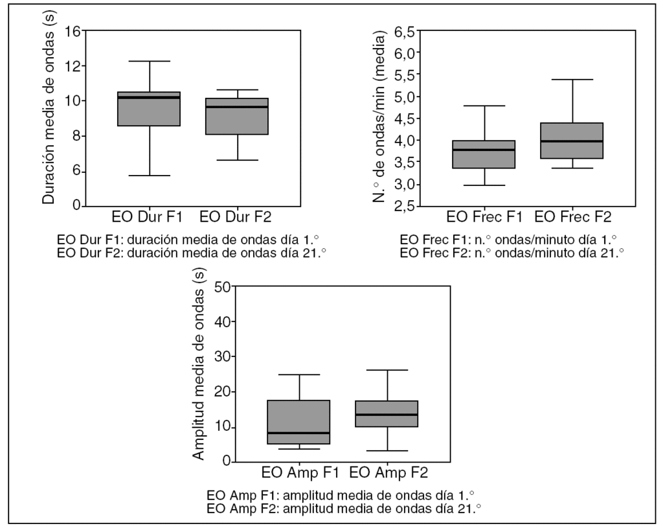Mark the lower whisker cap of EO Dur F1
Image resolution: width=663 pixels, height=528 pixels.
click(x=149, y=176)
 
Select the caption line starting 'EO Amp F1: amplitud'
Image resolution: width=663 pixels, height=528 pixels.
click(x=343, y=496)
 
